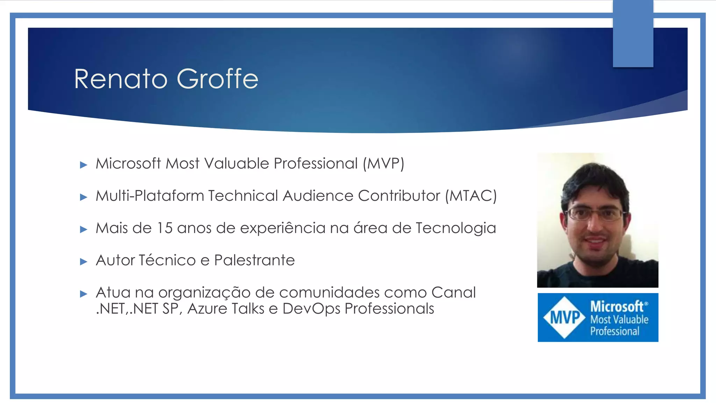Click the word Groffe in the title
click(x=217, y=79)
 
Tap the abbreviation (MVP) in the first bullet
click(x=383, y=163)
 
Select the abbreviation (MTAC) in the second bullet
click(x=471, y=196)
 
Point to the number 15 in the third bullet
click(x=164, y=228)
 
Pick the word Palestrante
click(x=254, y=260)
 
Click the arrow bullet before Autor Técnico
click(x=84, y=262)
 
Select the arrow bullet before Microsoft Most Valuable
click(x=84, y=165)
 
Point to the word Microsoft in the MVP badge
click(x=617, y=306)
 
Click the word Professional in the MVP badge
click(x=615, y=331)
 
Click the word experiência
click(x=283, y=228)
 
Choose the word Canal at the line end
click(x=453, y=292)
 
